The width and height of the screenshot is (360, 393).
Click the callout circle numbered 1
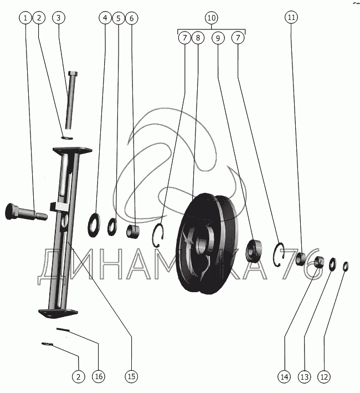pyautogui.click(x=25, y=18)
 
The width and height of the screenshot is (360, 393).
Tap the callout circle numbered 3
pyautogui.click(x=59, y=18)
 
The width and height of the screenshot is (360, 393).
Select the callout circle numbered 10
pyautogui.click(x=212, y=18)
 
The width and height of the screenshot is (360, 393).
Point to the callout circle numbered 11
pyautogui.click(x=291, y=17)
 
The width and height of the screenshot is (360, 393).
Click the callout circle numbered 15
pyautogui.click(x=131, y=376)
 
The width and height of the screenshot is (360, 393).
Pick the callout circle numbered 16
pyautogui.click(x=99, y=376)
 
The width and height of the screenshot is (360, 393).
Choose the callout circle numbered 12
pyautogui.click(x=324, y=377)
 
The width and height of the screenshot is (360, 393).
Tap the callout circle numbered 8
pyautogui.click(x=198, y=38)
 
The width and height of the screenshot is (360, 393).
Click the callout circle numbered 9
pyautogui.click(x=218, y=38)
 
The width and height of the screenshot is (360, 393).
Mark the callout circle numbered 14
pyautogui.click(x=284, y=377)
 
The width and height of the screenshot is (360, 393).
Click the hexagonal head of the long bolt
pyautogui.click(x=73, y=73)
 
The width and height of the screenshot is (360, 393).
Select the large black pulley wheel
pyautogui.click(x=208, y=243)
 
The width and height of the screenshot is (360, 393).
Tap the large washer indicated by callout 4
pyautogui.click(x=94, y=225)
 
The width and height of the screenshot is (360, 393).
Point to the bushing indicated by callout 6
pyautogui.click(x=133, y=232)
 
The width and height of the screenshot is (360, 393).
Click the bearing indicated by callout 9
pyautogui.click(x=254, y=251)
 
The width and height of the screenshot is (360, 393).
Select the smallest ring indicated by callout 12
pyautogui.click(x=346, y=267)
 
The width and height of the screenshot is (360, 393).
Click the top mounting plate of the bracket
pyautogui.click(x=73, y=150)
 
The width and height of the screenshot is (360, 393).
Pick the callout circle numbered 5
pyautogui.click(x=119, y=18)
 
